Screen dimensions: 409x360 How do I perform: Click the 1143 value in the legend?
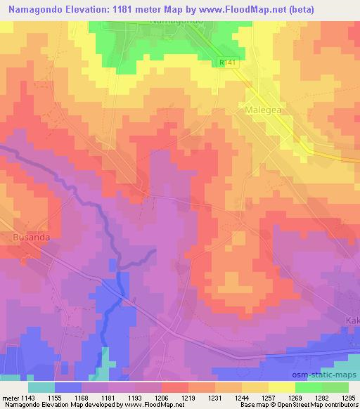click(x=29, y=398)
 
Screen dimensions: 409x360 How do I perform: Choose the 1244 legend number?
click(x=242, y=398)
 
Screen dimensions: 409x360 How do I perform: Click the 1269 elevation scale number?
click(x=295, y=398)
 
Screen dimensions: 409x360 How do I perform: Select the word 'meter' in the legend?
click(x=10, y=398)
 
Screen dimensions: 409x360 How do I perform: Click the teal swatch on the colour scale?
click(x=41, y=387)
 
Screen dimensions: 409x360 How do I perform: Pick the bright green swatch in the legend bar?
click(x=308, y=387)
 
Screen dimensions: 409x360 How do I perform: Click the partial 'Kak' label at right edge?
click(x=352, y=321)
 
